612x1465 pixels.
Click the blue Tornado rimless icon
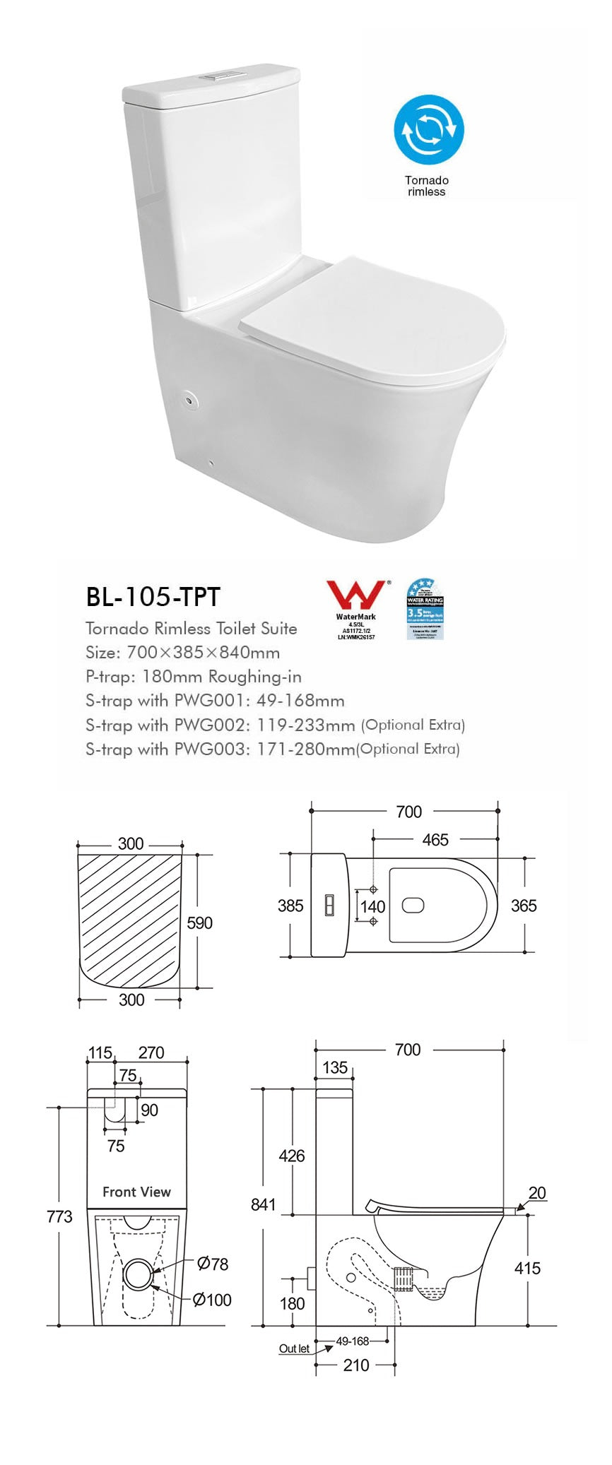pos(428,130)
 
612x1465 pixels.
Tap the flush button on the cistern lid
pos(223,73)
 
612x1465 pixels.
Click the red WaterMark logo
pos(355,595)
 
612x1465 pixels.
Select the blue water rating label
pos(425,609)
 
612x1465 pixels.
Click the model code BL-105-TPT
pos(153,597)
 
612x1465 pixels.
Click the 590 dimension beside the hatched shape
pos(199,923)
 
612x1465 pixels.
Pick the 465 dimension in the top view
pos(435,840)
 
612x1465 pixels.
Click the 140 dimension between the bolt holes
pos(372,906)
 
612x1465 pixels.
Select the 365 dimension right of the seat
pos(524,906)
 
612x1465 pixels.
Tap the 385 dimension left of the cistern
pos(290,906)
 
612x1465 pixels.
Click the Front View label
pos(136,1192)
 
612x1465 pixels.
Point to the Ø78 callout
pos(213,1264)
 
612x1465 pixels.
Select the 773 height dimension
pos(59,1216)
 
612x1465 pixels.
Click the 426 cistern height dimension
pos(291,1156)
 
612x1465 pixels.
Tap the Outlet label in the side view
pos(294,1348)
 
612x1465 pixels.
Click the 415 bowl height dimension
pos(527,1268)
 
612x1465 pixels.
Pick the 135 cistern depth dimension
pos(335,1067)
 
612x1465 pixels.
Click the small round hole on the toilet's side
pos(189,400)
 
